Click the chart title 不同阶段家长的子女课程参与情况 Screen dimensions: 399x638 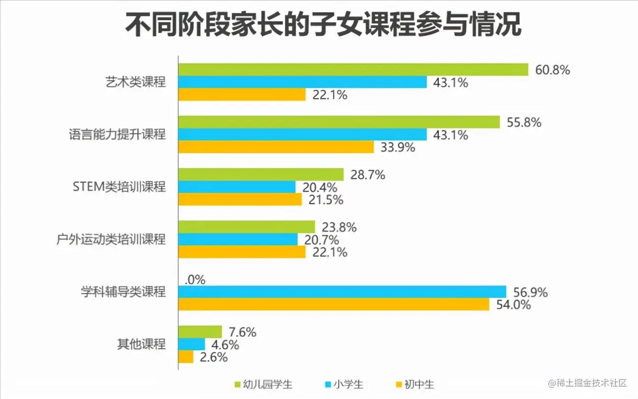322,25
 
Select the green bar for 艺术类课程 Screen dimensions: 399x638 353,70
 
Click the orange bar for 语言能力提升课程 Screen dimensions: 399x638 276,147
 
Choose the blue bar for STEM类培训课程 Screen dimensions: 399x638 237,187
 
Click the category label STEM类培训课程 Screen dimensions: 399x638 119,187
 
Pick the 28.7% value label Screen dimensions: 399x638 368,174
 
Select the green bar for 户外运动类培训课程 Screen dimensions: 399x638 247,227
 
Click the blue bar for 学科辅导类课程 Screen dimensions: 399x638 342,292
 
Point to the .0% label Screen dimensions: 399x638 195,280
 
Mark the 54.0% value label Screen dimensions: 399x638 513,305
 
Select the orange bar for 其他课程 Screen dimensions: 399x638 186,357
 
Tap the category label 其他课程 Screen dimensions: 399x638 141,344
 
